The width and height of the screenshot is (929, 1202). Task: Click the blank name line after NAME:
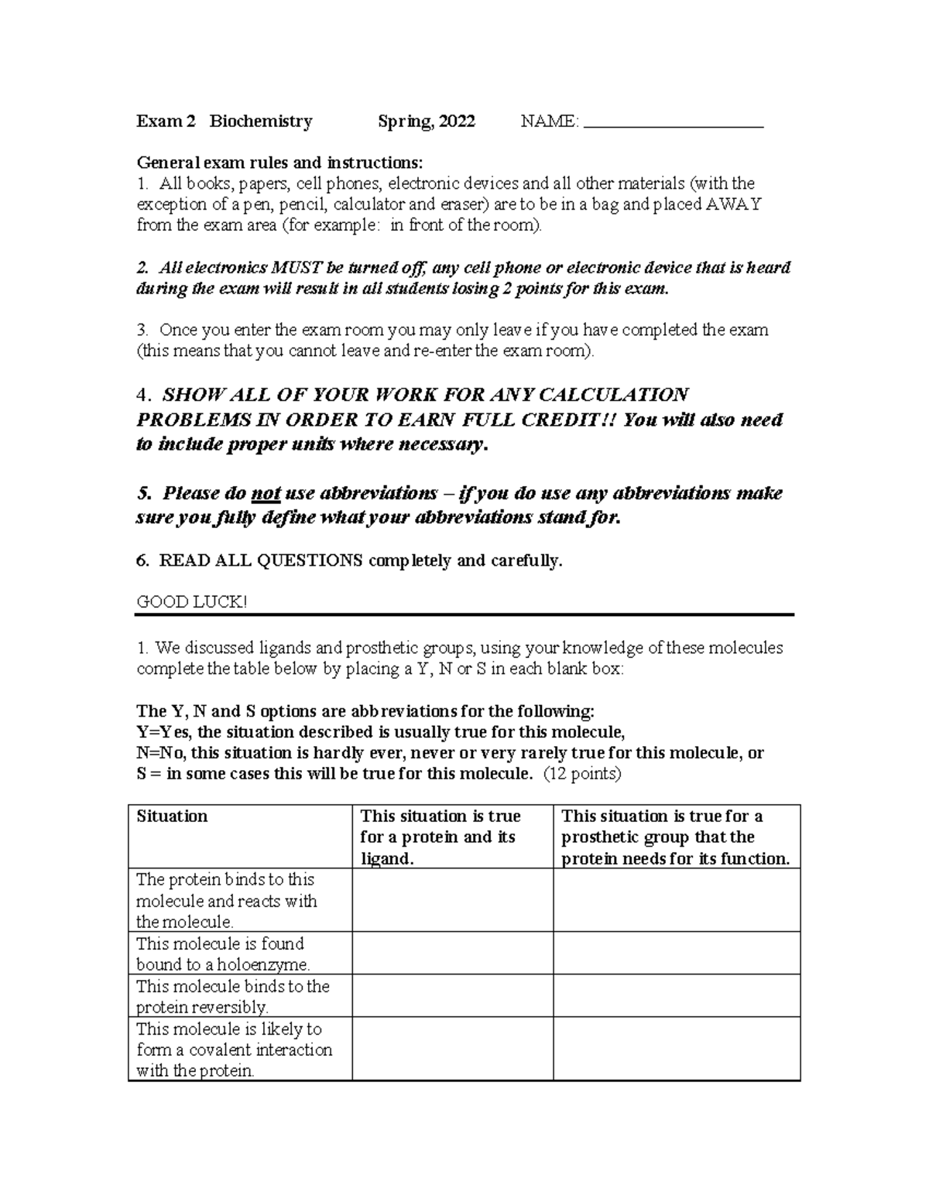(x=673, y=122)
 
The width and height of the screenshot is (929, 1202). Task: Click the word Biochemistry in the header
(x=261, y=122)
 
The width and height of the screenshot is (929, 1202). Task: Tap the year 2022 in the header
(x=457, y=122)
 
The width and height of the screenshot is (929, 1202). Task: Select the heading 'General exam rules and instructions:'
(x=280, y=163)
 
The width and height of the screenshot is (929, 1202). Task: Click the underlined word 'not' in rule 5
(x=266, y=494)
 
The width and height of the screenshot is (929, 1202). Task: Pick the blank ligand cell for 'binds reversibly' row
(x=452, y=996)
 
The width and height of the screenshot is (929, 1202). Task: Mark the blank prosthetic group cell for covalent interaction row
(x=676, y=1050)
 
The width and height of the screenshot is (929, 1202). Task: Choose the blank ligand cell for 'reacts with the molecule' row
(x=452, y=900)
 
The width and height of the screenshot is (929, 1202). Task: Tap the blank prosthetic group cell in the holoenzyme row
(x=676, y=954)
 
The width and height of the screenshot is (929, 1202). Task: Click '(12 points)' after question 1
(x=582, y=774)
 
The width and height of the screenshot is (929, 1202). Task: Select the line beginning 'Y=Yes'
(x=380, y=732)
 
